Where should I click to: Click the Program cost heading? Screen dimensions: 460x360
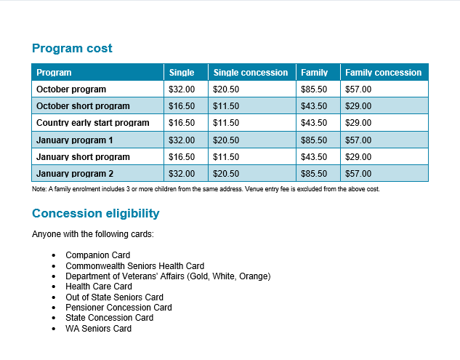click(x=72, y=49)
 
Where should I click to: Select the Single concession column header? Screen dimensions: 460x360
click(x=251, y=73)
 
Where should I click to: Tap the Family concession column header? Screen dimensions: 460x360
click(x=383, y=73)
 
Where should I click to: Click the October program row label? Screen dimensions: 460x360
click(x=71, y=89)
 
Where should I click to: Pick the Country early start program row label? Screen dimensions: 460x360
click(x=93, y=123)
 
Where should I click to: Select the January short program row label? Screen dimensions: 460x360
click(x=83, y=157)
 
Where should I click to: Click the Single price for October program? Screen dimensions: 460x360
click(x=182, y=89)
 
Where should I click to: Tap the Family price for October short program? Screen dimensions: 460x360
click(x=314, y=106)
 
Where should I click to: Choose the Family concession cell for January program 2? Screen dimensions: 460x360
click(x=358, y=174)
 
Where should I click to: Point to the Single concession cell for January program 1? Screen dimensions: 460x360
click(x=226, y=140)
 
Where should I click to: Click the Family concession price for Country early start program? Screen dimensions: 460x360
click(x=358, y=123)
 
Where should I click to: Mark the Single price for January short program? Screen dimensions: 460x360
click(x=182, y=157)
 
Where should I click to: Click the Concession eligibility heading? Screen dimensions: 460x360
click(x=96, y=214)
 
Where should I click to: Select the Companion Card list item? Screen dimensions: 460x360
click(x=97, y=255)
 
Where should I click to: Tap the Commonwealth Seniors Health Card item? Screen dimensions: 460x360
click(x=134, y=266)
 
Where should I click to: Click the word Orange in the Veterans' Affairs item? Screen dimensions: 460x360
click(x=254, y=276)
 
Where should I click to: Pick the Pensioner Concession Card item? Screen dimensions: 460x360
click(x=118, y=308)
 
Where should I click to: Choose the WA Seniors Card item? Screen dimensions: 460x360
click(x=98, y=329)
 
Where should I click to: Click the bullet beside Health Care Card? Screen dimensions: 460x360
click(x=53, y=287)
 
